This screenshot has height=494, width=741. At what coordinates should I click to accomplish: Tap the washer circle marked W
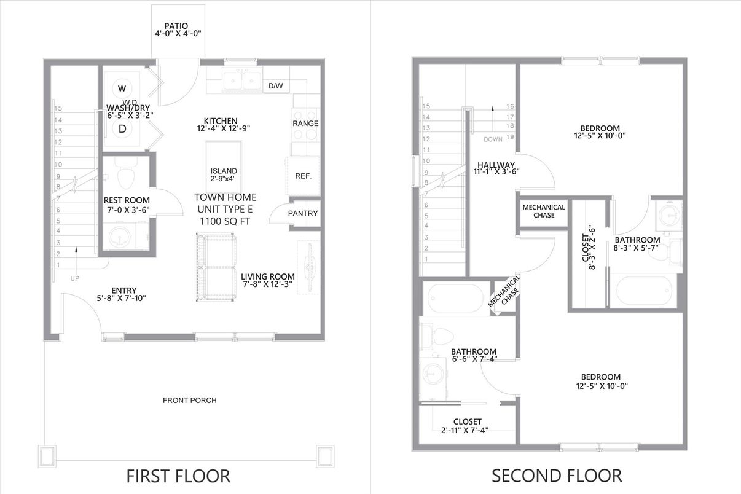pos(122,87)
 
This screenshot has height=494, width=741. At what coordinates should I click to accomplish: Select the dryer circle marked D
pos(122,129)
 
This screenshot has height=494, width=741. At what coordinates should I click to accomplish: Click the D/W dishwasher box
pos(275,86)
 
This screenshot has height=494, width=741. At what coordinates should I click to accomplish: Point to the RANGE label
pos(305,123)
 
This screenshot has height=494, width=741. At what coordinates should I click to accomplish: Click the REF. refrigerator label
pos(303,176)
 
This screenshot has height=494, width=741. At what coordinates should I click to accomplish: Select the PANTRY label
pos(303,213)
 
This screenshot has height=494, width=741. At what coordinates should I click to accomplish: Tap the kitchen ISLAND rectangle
pos(223,167)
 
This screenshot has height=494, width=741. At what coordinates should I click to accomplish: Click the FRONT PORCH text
pos(189,401)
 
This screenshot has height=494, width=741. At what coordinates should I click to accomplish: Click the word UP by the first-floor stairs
pos(76,278)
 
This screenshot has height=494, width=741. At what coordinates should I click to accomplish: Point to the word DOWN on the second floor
pos(493,139)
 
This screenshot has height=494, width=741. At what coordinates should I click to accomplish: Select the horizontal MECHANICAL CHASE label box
pos(543,211)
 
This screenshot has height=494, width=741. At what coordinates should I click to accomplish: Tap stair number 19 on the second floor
pos(509,137)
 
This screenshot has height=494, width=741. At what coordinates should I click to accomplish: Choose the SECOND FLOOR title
pos(556,476)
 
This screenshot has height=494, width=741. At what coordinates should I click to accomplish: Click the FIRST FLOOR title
pos(178,476)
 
